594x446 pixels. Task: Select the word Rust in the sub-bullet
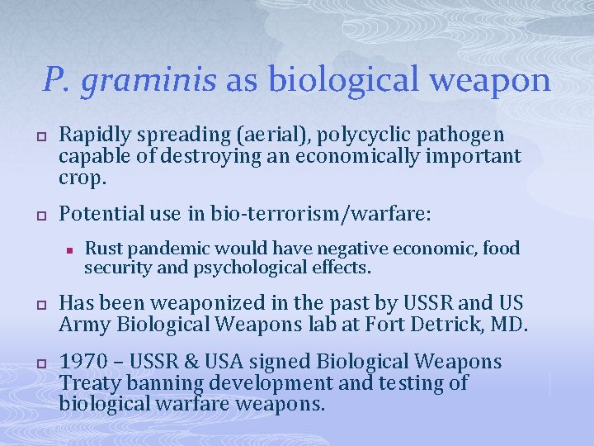tap(101, 248)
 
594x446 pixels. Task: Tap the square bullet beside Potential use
tap(39, 215)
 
